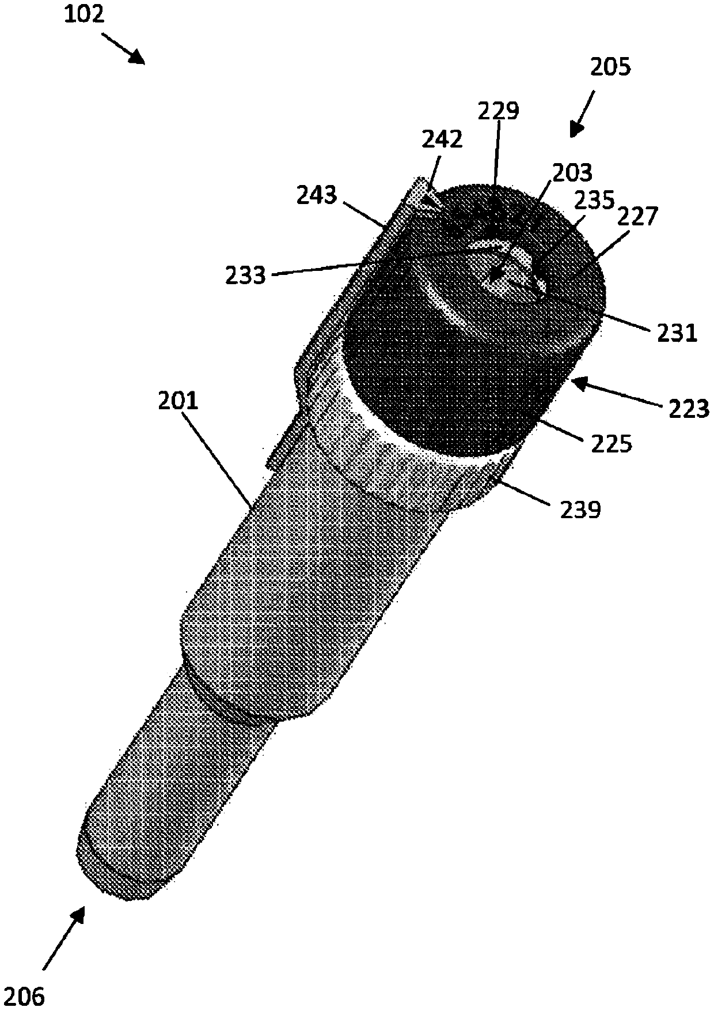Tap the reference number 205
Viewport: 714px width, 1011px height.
[610, 67]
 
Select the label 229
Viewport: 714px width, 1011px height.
[498, 111]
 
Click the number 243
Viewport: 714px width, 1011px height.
[317, 195]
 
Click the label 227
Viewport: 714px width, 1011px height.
[637, 218]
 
